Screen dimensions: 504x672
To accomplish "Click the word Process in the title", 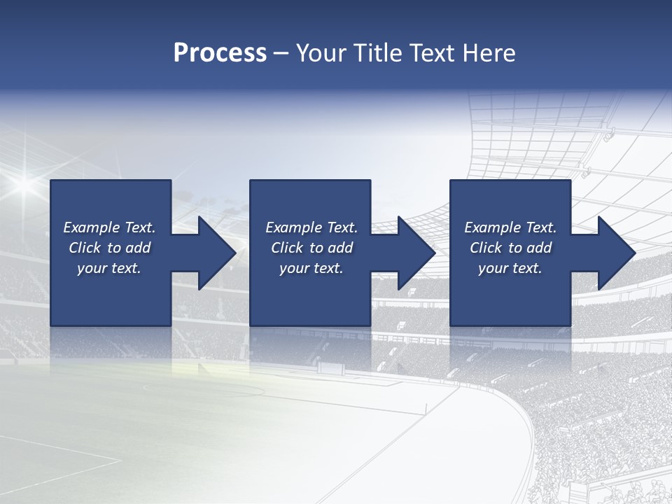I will (x=220, y=53).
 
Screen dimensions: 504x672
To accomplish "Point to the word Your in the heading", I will (x=321, y=53).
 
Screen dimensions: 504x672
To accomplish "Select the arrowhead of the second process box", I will (x=416, y=253).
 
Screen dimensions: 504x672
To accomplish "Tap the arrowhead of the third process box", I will (x=615, y=253).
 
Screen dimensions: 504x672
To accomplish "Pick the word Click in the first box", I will (x=85, y=248).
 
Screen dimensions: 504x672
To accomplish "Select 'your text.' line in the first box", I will (x=109, y=268).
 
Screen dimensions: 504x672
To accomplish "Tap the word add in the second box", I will (x=340, y=248).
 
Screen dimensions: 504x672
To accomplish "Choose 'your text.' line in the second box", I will (x=311, y=268).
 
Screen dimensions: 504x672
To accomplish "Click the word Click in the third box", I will (x=486, y=248).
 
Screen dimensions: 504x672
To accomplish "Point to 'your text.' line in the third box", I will (x=510, y=268).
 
